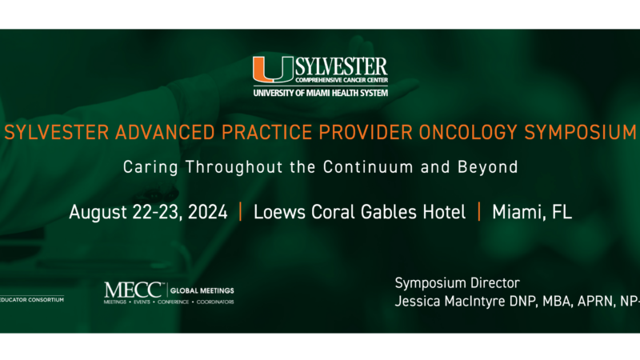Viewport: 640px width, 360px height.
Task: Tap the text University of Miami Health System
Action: pyautogui.click(x=320, y=93)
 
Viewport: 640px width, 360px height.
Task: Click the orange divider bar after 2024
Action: pyautogui.click(x=240, y=212)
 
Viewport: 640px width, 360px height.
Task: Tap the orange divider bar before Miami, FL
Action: pyautogui.click(x=479, y=212)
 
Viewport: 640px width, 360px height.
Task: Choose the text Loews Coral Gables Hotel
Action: pyautogui.click(x=359, y=212)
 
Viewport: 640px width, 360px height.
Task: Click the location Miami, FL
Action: pyautogui.click(x=532, y=212)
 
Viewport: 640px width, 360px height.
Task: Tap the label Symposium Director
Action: pyautogui.click(x=457, y=283)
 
